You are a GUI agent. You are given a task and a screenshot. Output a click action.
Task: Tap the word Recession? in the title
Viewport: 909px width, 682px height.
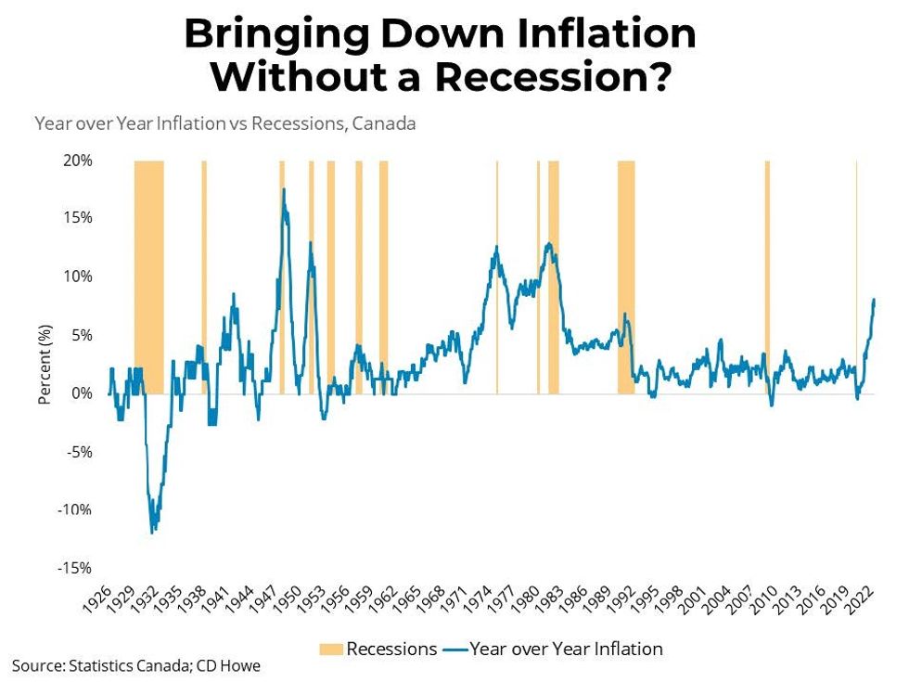click(554, 76)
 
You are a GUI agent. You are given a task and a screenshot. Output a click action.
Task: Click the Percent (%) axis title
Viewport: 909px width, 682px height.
click(44, 365)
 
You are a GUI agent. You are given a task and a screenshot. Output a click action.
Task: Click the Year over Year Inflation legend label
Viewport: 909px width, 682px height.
click(566, 649)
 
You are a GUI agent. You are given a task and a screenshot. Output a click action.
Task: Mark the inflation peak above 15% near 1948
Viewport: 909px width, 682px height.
click(284, 189)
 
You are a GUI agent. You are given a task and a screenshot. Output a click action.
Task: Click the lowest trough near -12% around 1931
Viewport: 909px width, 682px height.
click(152, 532)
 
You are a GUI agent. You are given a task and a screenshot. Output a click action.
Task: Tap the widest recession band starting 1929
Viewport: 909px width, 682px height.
click(149, 278)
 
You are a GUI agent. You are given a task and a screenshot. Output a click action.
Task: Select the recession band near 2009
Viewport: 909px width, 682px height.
click(767, 278)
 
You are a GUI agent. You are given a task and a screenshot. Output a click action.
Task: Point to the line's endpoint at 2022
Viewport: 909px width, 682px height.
click(874, 300)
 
